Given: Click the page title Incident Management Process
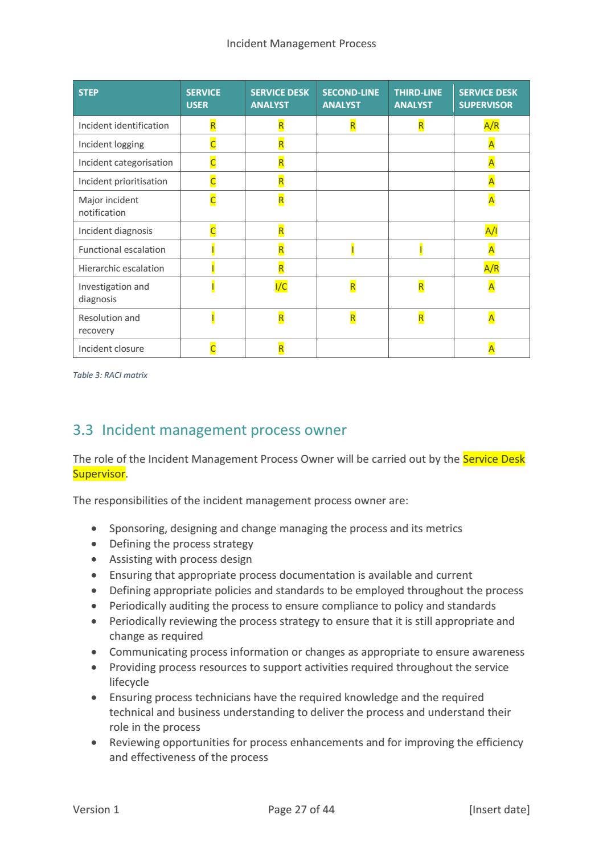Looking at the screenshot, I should [301, 44].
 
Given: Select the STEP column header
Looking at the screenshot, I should [88, 92].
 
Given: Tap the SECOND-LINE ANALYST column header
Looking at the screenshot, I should [350, 98].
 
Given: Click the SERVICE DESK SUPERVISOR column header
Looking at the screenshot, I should [488, 98].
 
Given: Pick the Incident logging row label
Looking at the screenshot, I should [111, 144].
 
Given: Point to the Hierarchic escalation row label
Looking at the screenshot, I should [121, 268].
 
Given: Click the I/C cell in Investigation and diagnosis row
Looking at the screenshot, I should [281, 287].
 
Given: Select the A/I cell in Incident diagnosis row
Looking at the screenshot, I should [491, 231].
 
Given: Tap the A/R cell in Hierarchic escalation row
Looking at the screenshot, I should [491, 268].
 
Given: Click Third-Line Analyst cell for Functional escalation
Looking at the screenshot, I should [421, 249].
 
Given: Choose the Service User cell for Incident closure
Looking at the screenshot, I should [213, 348].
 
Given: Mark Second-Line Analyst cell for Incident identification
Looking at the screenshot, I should [352, 125].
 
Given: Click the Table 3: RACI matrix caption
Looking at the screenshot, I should [110, 375].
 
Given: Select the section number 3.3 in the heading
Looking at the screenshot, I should [83, 430].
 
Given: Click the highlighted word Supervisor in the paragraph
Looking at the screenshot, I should [99, 474].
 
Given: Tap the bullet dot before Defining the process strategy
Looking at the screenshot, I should [94, 544].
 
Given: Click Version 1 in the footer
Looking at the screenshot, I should [96, 809].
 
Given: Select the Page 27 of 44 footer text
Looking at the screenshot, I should [301, 809].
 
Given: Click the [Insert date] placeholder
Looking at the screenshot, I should [499, 809].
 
